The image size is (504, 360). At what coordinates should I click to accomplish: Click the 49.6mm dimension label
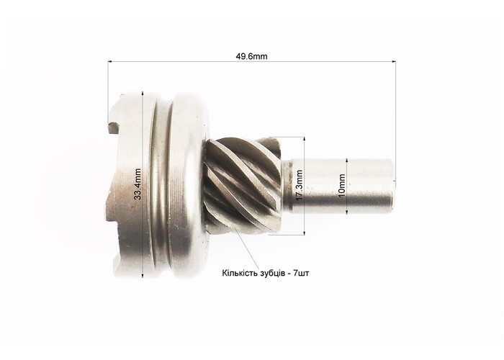(251, 56)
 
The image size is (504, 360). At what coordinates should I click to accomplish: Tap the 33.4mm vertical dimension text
(138, 184)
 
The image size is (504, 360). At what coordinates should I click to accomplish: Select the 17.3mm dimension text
(300, 186)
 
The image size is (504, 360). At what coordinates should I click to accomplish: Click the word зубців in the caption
(269, 274)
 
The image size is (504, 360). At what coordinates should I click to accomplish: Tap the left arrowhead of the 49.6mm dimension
(110, 61)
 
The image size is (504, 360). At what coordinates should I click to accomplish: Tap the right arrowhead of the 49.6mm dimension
(393, 61)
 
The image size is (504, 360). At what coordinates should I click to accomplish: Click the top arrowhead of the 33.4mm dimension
(143, 93)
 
